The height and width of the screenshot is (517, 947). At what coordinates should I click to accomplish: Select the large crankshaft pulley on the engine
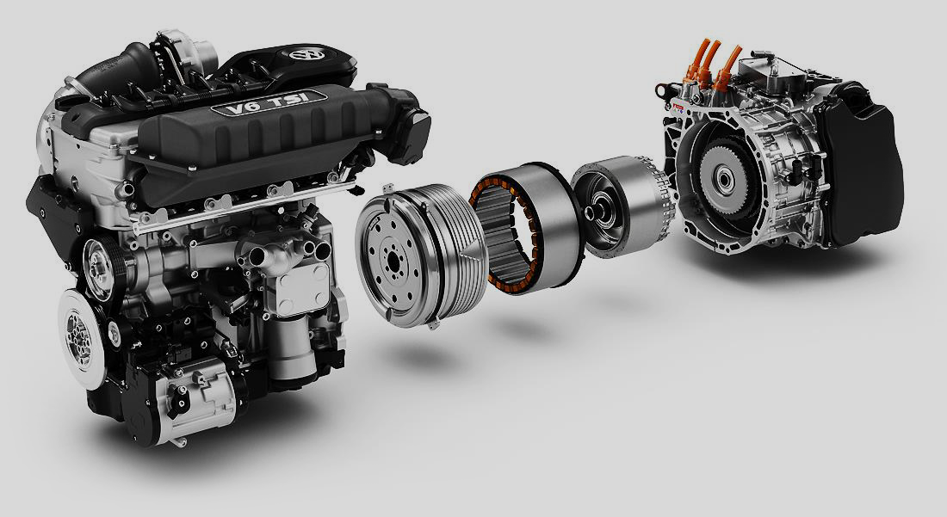coord(81,339)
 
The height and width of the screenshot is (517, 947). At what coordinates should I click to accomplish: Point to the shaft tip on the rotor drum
coord(589,211)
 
